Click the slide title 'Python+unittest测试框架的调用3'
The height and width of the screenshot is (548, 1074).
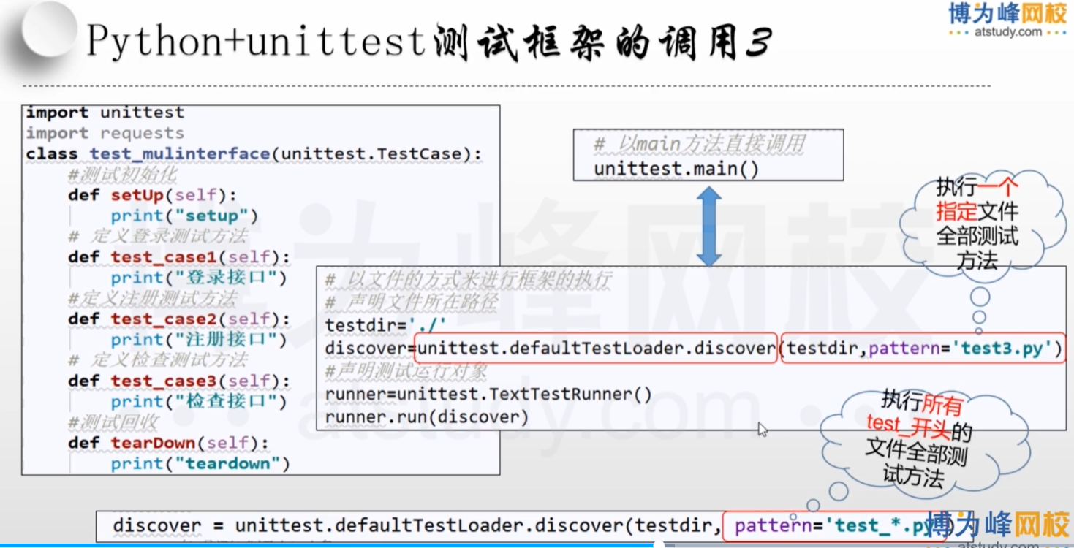pyautogui.click(x=428, y=42)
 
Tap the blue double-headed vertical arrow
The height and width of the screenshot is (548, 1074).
pyautogui.click(x=708, y=226)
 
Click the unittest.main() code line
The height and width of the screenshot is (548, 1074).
pyautogui.click(x=676, y=169)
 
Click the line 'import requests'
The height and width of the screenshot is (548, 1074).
pyautogui.click(x=105, y=133)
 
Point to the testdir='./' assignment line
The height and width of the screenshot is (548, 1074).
pyautogui.click(x=385, y=325)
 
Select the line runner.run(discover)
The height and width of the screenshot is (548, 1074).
pyautogui.click(x=426, y=417)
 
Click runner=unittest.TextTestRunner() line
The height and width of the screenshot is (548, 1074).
pyautogui.click(x=488, y=395)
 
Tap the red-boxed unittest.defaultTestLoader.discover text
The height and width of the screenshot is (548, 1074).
pyautogui.click(x=595, y=349)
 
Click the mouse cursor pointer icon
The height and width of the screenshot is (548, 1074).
pyautogui.click(x=763, y=430)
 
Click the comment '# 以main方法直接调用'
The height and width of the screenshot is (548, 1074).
pyautogui.click(x=699, y=145)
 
